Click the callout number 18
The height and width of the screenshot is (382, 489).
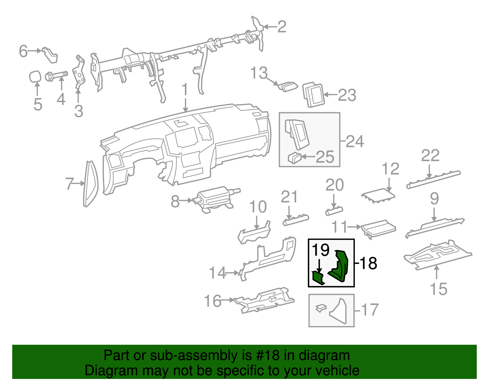click(x=368, y=263)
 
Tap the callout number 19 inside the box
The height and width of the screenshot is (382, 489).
click(x=320, y=250)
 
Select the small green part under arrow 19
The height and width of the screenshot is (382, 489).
click(x=318, y=277)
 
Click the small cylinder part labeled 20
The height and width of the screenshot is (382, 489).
click(x=334, y=211)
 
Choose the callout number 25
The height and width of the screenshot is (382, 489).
click(x=325, y=157)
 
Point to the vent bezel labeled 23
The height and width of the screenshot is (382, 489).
click(x=314, y=95)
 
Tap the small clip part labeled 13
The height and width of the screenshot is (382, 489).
click(x=288, y=86)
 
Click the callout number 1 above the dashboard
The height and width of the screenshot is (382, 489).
click(x=185, y=90)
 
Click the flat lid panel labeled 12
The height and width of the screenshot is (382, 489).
click(x=378, y=195)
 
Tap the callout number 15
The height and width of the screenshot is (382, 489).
click(x=438, y=289)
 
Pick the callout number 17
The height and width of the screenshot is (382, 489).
click(x=370, y=310)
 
